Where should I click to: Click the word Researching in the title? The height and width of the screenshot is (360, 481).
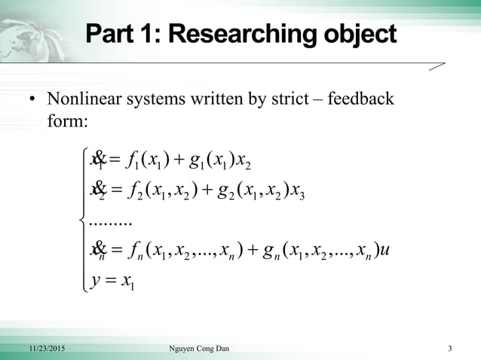click(x=225, y=35)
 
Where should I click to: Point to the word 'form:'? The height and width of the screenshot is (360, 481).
click(x=67, y=121)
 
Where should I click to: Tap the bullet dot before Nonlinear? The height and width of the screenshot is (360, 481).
click(x=33, y=101)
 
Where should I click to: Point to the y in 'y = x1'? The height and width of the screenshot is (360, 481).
click(x=95, y=283)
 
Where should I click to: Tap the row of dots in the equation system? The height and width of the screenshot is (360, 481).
click(x=110, y=223)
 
